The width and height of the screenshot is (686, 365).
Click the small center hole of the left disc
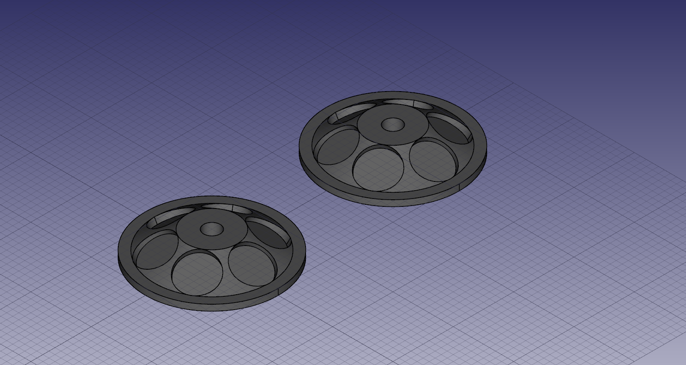pos(211,228)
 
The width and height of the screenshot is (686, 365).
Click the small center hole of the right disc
pos(393,124)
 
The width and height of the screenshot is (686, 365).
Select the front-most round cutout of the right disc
pos(378,169)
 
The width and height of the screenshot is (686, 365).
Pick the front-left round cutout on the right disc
pos(336,146)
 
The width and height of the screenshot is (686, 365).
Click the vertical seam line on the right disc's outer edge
pos(459,187)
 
